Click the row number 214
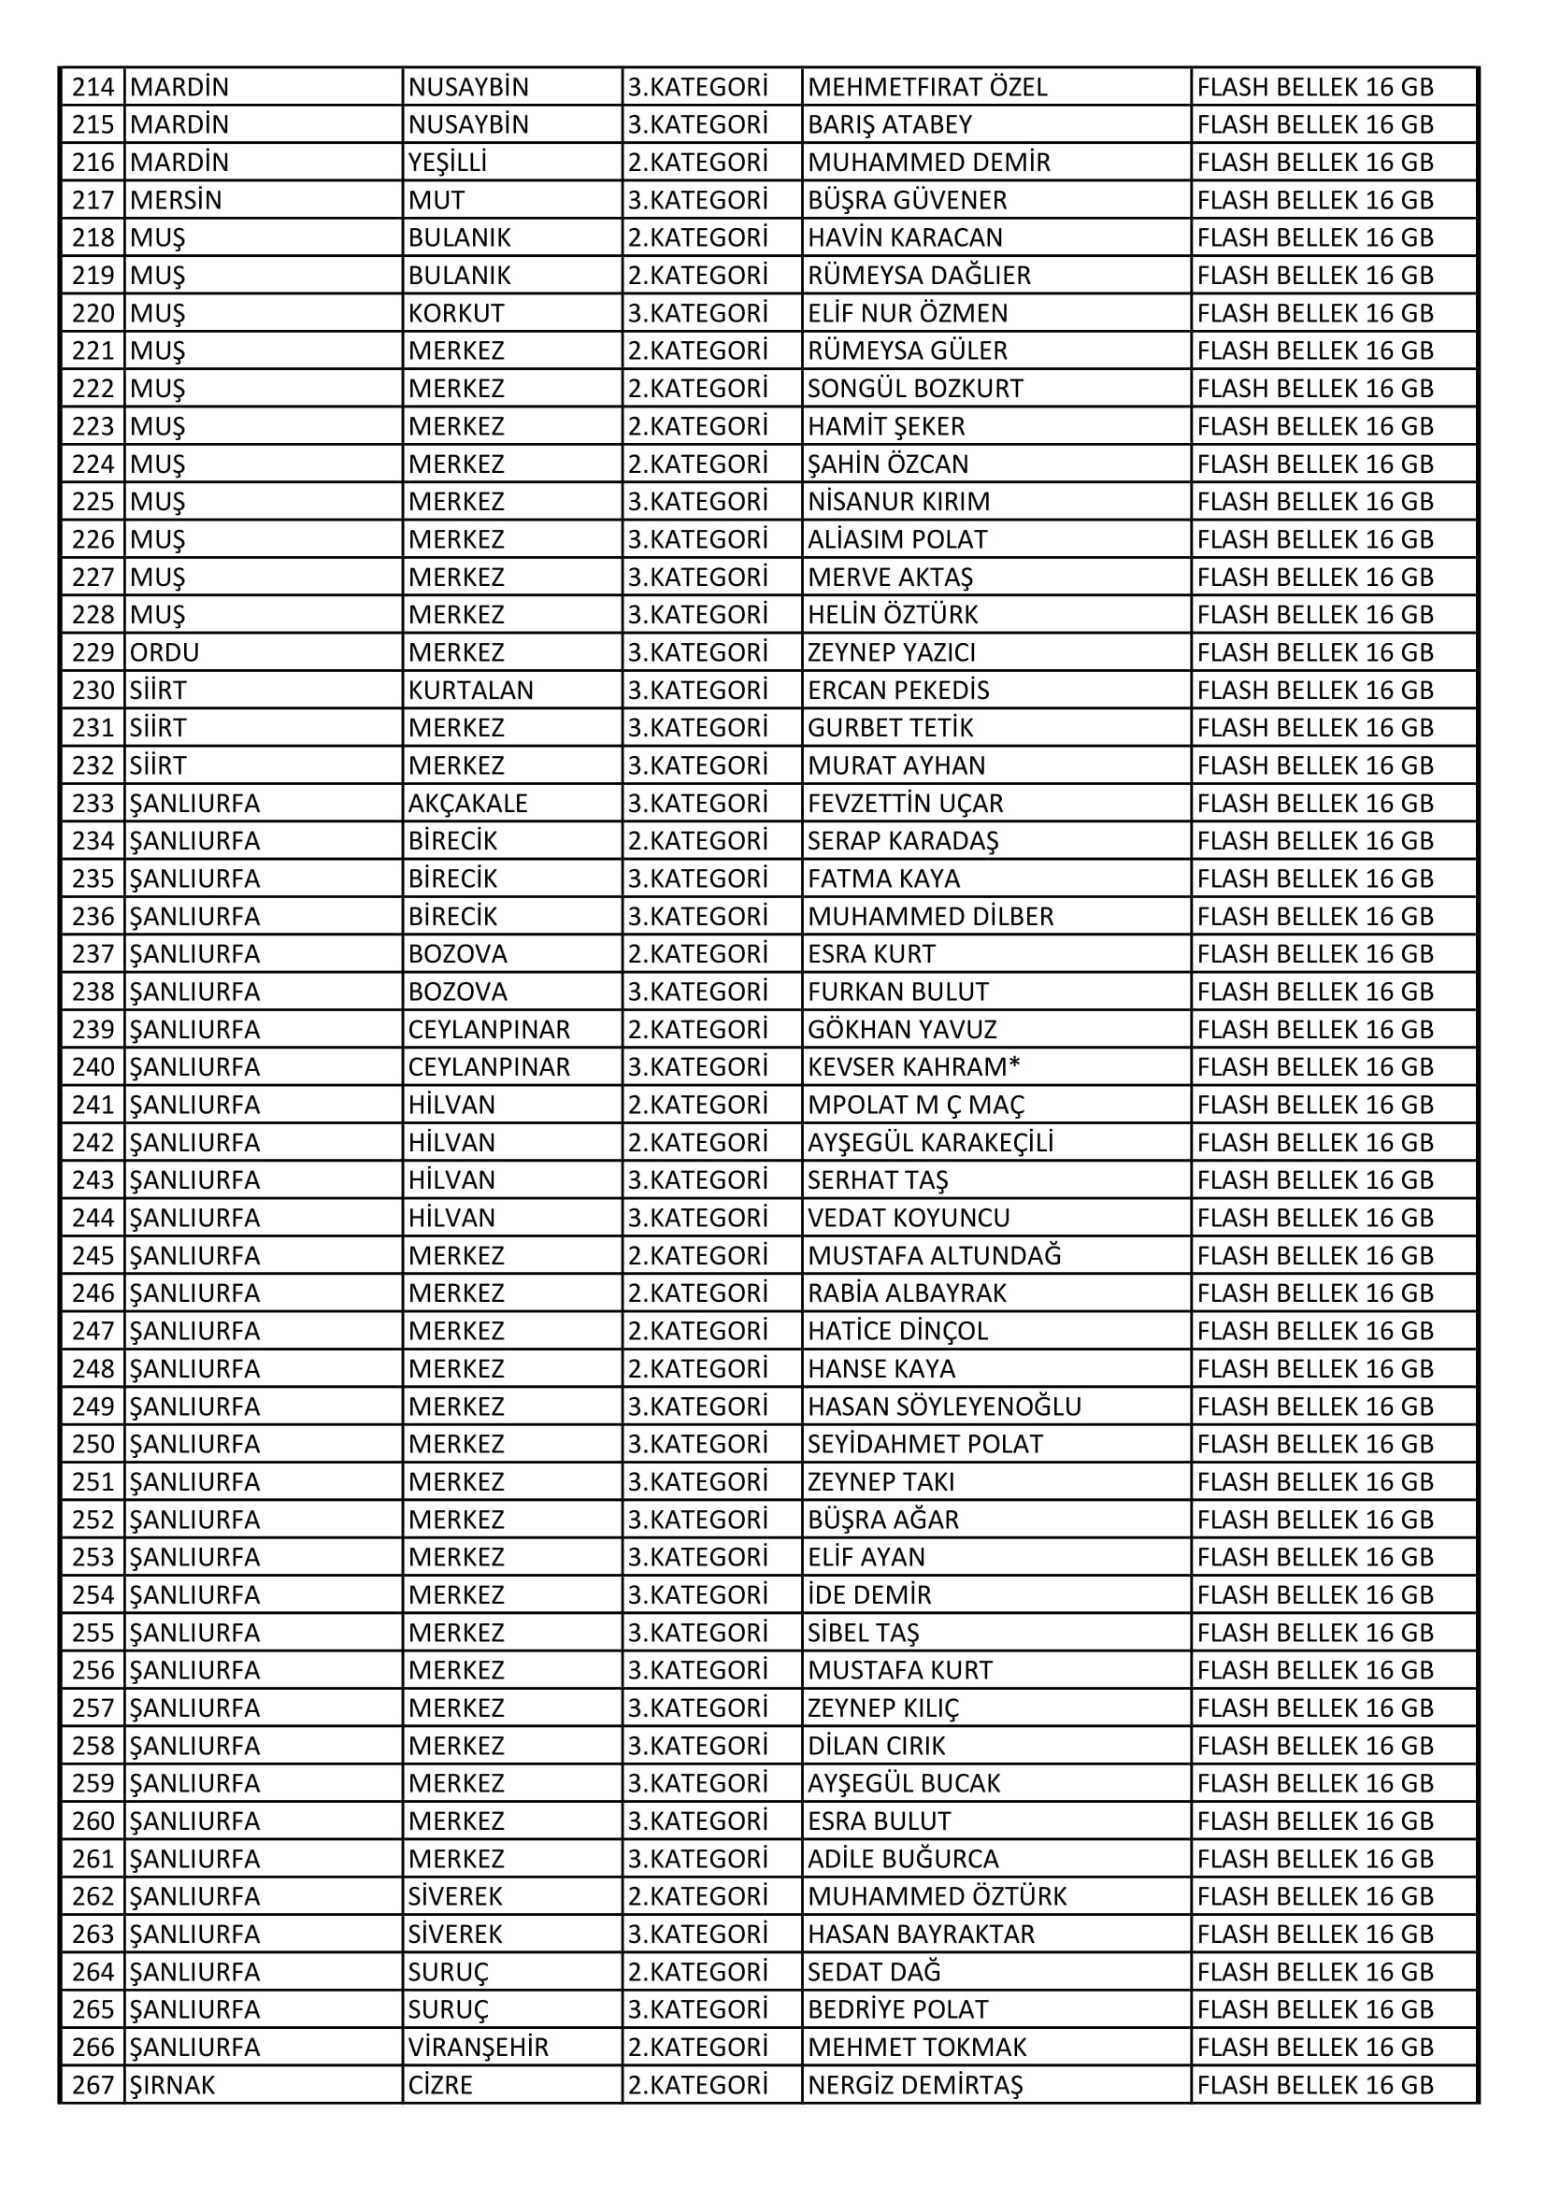(93, 88)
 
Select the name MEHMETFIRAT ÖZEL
(926, 88)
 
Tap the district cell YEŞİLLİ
(447, 163)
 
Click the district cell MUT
(436, 201)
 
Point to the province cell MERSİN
(175, 201)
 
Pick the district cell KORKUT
(456, 313)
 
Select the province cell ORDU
(164, 653)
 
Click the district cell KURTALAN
(470, 690)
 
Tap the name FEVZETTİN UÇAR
(905, 803)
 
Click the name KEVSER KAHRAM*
(913, 1067)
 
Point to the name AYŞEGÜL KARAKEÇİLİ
(930, 1142)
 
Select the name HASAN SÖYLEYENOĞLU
(943, 1407)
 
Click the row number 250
(93, 1444)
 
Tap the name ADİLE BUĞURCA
(903, 1859)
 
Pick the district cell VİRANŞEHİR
(478, 2047)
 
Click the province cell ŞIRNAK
(171, 2085)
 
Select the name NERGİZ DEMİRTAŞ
(914, 2085)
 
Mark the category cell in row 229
(697, 653)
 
